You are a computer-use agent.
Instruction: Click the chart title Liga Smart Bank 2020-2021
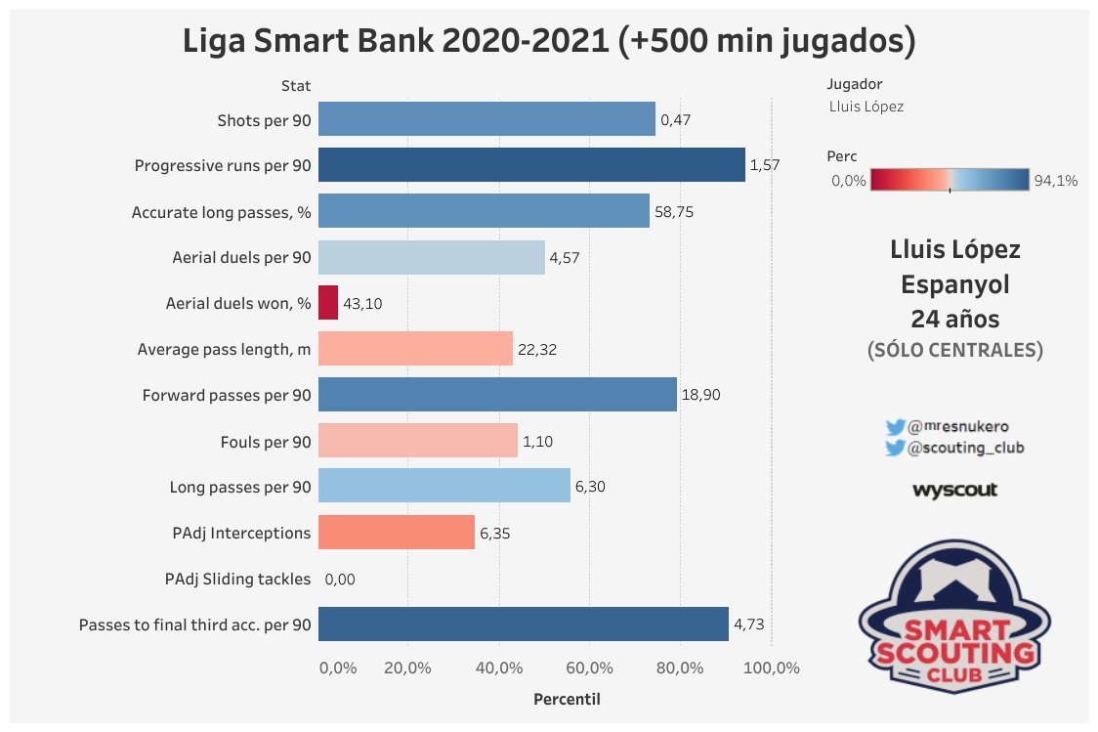click(549, 42)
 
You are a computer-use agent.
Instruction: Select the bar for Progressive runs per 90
click(531, 165)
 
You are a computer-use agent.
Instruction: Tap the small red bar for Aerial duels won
click(328, 303)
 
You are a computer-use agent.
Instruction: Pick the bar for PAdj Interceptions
click(397, 533)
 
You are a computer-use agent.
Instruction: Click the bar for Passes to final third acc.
click(524, 624)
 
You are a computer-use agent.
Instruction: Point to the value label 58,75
click(675, 211)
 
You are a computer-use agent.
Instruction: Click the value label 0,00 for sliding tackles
click(340, 579)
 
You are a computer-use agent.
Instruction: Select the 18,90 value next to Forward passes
click(702, 395)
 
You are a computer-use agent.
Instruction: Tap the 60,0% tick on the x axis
click(589, 668)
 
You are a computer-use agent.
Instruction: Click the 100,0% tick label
click(774, 668)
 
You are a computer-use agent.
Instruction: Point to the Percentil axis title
click(567, 700)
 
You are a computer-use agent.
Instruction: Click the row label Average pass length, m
click(224, 349)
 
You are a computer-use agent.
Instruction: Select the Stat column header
click(296, 86)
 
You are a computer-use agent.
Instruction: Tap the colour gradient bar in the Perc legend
click(950, 180)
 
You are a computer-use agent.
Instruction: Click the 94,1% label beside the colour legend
click(1056, 180)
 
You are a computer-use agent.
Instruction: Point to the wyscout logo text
click(954, 490)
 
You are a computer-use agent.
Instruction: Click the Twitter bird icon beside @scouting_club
click(895, 448)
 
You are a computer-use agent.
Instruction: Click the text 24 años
click(954, 319)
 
